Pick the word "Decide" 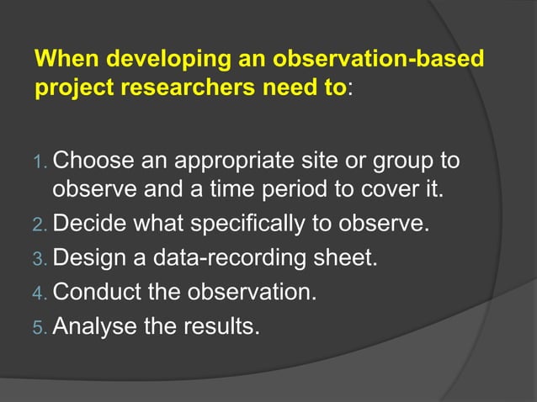pos(89,225)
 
